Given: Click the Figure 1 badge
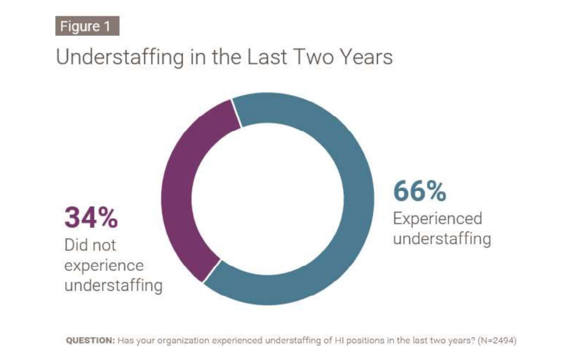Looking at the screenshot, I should tap(87, 26).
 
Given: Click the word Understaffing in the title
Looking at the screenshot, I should tap(120, 57).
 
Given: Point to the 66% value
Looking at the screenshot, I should tap(420, 191).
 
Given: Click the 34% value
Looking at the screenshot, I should tap(91, 218).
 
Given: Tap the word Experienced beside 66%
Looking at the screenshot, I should tap(437, 218).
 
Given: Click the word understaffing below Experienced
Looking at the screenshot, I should tap(442, 239).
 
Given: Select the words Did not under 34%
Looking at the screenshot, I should tap(90, 245).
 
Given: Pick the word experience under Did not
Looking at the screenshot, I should tap(104, 265).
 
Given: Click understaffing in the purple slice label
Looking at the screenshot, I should tap(113, 286).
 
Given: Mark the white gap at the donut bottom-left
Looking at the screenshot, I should tap(212, 272).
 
